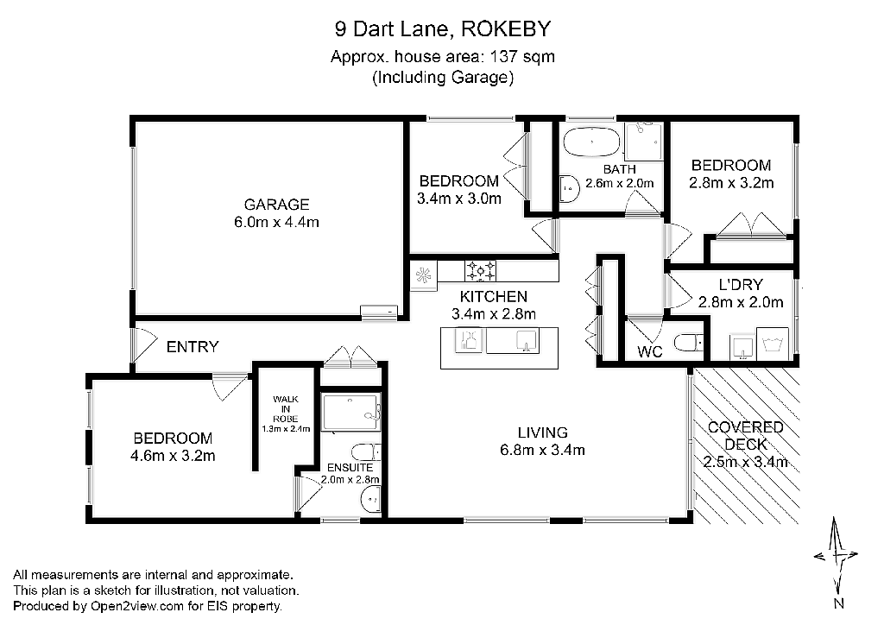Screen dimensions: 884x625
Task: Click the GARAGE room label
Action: pos(276,204)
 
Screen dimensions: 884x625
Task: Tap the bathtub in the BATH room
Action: pos(592,142)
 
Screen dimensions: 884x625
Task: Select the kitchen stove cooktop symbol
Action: pos(480,271)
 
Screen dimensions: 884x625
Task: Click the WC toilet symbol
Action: pos(689,342)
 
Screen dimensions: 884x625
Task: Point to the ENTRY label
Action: pos(193,346)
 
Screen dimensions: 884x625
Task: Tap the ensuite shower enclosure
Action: pos(350,413)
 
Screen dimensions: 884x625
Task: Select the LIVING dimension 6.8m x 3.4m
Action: pos(542,450)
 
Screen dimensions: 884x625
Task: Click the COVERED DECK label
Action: pos(745,436)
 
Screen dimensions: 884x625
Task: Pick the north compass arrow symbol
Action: pos(836,556)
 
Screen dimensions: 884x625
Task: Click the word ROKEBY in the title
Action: pos(506,28)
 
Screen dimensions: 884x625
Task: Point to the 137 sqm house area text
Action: pos(522,57)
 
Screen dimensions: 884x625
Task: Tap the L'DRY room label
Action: pos(741,285)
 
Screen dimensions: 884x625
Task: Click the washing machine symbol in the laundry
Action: pos(773,344)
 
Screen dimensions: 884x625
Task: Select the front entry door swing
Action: pos(144,345)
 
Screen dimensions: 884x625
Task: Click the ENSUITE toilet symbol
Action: pos(366,452)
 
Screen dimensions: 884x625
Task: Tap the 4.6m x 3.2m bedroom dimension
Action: pos(173,455)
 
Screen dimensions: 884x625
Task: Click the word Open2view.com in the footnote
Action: pos(137,606)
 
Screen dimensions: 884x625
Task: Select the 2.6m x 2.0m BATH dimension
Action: pos(619,183)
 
